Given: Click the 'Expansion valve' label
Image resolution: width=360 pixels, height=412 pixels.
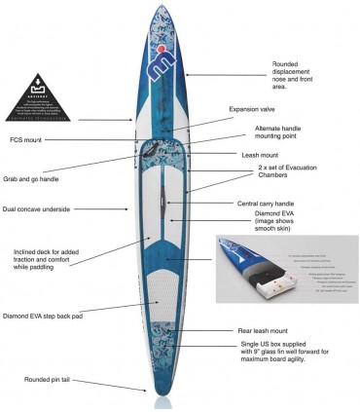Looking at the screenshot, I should [x=254, y=109].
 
